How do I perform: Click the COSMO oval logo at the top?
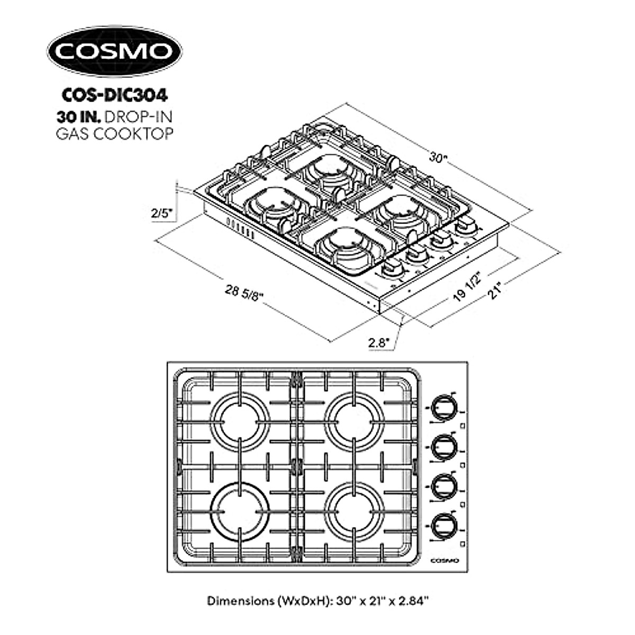114,51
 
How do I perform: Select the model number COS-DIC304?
115,95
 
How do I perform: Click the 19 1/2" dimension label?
467,287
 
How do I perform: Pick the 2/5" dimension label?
161,213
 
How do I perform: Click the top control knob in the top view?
443,407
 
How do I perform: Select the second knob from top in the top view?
443,448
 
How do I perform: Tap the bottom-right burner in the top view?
353,512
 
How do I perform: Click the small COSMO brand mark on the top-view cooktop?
443,560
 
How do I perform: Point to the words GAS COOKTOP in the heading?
115,134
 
